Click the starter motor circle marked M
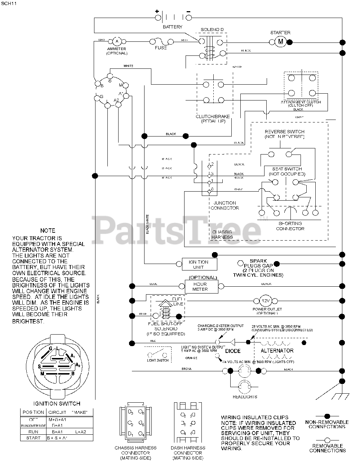pos(281,42)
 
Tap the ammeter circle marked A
pos(117,41)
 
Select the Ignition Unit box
pos(199,264)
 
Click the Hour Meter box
pos(200,286)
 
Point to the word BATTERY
pos(172,27)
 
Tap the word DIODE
pos(233,351)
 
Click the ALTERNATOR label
pos(277,350)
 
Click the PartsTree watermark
pos(178,228)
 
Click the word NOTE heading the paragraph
pos(48,230)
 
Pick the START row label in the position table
pos(33,438)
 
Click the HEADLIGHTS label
pos(245,397)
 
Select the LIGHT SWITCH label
pos(158,360)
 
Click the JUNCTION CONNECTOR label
pos(225,205)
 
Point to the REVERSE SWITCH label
pos(284,132)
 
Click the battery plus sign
pos(157,11)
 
